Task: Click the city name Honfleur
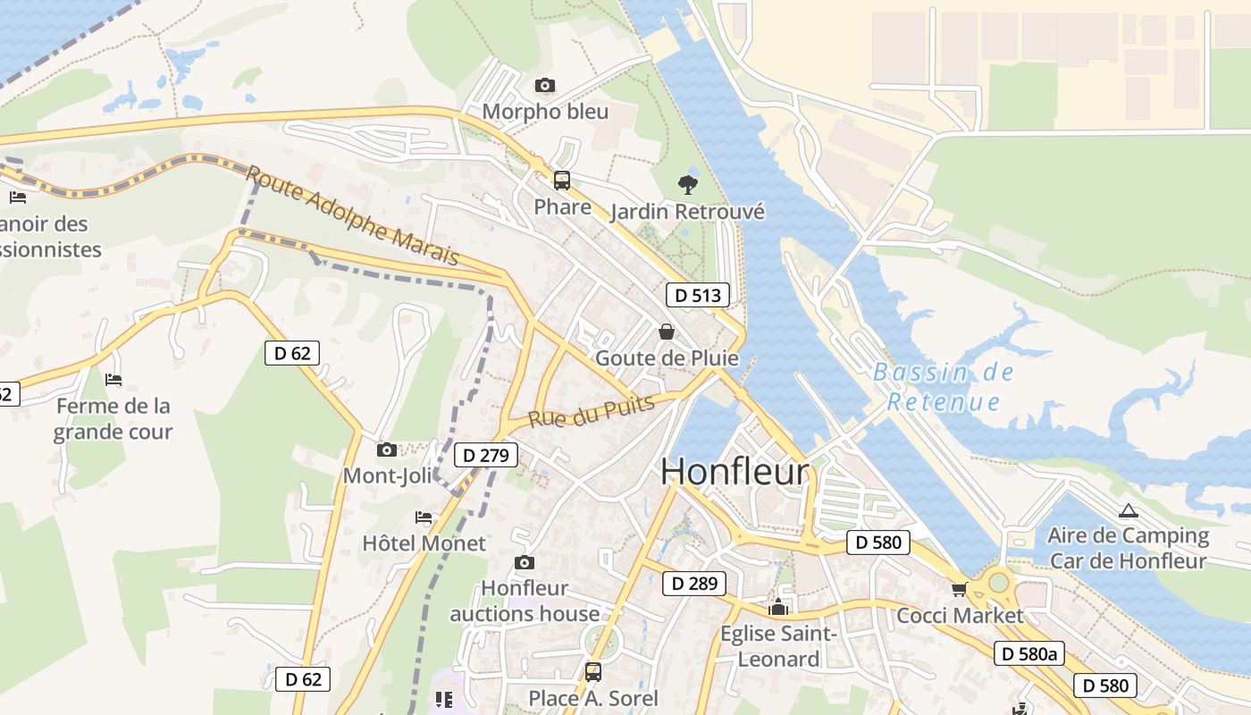click(x=735, y=472)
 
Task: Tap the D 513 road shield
click(x=697, y=295)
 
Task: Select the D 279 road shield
click(x=486, y=456)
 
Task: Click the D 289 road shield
click(x=694, y=584)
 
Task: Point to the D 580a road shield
click(x=1029, y=653)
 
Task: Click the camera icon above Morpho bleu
click(x=545, y=86)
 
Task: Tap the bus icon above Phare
click(x=562, y=181)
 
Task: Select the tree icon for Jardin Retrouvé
click(x=688, y=185)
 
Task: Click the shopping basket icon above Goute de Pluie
click(x=667, y=332)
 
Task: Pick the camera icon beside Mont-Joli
click(x=387, y=450)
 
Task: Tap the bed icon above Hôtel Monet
click(x=424, y=517)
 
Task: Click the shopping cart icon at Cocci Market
click(x=960, y=589)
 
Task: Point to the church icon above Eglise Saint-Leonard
click(x=779, y=608)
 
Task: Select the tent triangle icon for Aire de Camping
click(x=1128, y=511)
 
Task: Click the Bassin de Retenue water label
click(x=944, y=386)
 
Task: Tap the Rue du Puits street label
click(x=591, y=412)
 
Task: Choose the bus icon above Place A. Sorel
click(x=593, y=671)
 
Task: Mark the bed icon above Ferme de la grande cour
click(x=113, y=380)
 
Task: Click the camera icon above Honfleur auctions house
click(x=525, y=562)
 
